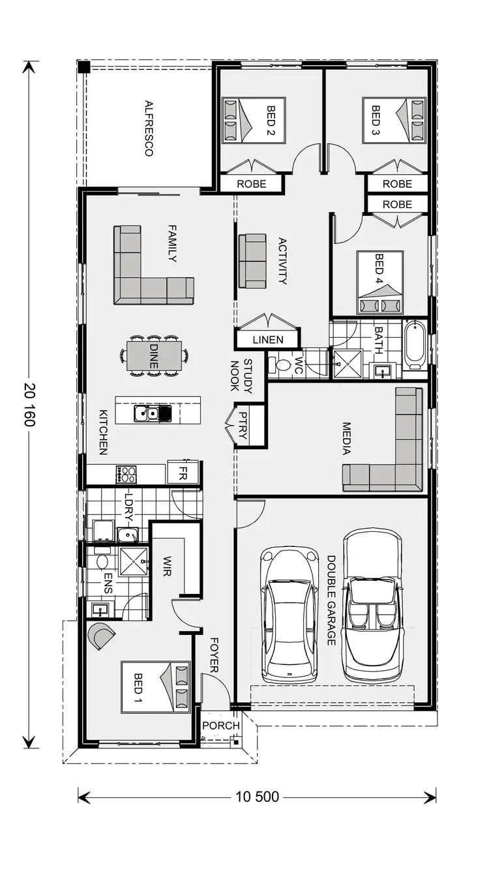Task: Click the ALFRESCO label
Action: coord(149,128)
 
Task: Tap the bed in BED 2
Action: coord(252,120)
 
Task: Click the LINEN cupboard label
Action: coord(268,340)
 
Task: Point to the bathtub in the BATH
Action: coord(415,344)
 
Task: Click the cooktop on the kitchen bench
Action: coord(126,474)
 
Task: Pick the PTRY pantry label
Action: coord(243,425)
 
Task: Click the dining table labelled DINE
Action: coord(154,356)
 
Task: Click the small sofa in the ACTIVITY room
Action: coord(252,261)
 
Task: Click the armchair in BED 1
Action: coord(102,636)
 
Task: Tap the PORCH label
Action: coord(220,726)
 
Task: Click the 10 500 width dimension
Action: coord(257,796)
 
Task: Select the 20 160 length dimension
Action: coord(29,405)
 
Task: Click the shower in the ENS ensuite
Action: coord(134,561)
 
